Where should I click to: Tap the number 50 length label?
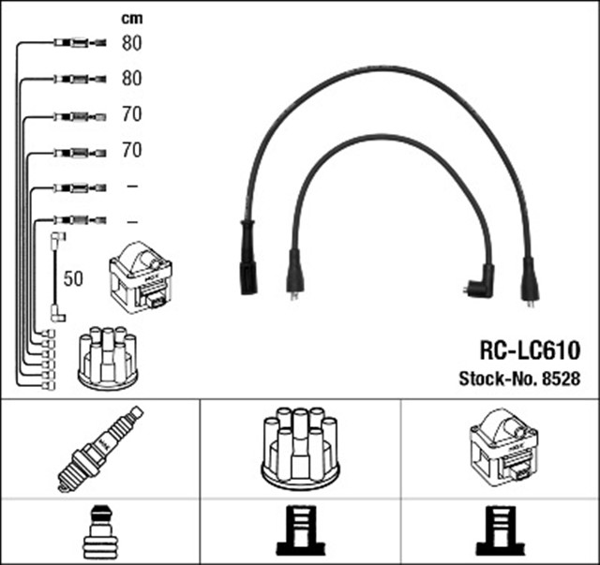coord(74,278)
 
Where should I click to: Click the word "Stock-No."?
coord(497,379)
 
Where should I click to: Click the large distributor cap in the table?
coord(300,447)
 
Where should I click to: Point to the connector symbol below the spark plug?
coord(99,531)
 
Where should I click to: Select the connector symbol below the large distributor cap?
coord(300,531)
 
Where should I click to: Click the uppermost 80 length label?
coord(131,43)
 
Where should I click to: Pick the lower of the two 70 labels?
coord(131,150)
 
